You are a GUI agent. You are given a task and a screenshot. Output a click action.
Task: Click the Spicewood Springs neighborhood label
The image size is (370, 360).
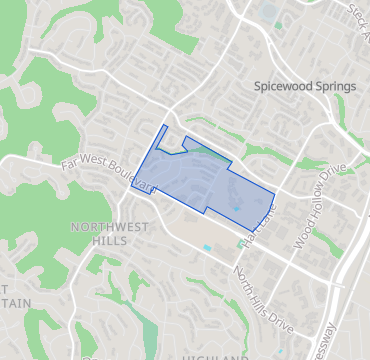[305, 86]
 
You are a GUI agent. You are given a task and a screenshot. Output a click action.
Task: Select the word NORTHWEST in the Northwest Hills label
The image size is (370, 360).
[110, 227]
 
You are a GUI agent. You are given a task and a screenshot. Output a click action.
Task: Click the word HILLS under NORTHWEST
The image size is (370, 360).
[108, 242]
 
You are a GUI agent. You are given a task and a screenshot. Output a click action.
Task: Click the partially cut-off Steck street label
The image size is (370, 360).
[357, 11]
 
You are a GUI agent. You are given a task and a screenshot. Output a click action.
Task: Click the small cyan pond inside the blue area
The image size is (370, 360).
[236, 208]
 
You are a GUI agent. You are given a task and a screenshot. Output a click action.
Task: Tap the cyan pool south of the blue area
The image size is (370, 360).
[207, 247]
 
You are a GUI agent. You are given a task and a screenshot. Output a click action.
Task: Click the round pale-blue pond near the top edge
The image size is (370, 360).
[269, 13]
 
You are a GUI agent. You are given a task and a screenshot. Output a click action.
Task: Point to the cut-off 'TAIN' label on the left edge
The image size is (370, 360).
[17, 302]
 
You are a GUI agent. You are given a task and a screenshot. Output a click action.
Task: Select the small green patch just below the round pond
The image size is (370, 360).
[279, 27]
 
